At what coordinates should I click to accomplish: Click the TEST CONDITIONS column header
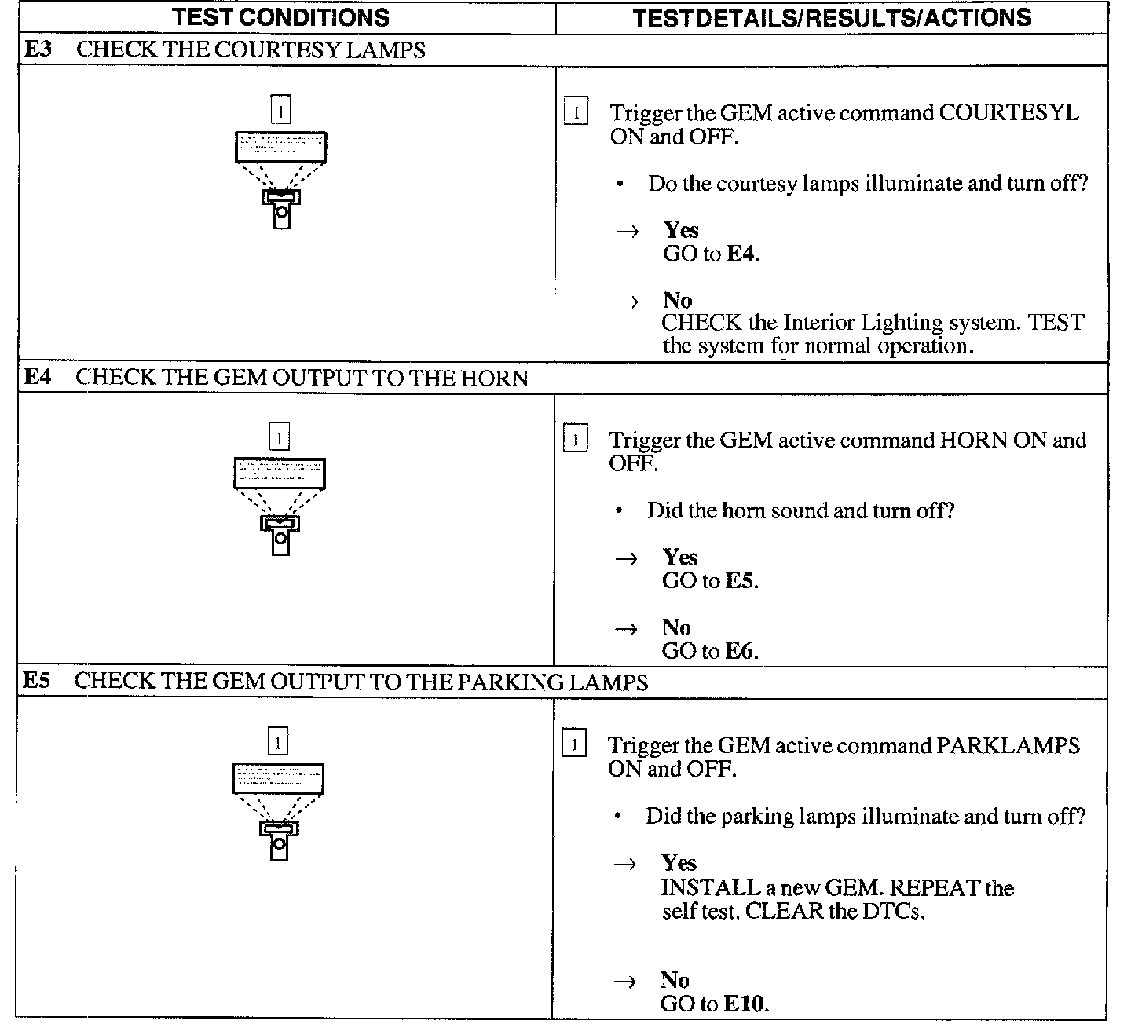(x=281, y=17)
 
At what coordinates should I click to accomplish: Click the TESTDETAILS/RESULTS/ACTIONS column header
(x=832, y=17)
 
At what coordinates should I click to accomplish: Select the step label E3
(x=38, y=49)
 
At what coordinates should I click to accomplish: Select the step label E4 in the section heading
(x=38, y=377)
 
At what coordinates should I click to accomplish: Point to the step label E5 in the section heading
(x=37, y=681)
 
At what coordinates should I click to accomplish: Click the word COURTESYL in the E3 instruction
(x=1009, y=113)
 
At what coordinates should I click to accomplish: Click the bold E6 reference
(x=741, y=651)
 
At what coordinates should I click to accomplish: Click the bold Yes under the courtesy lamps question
(x=681, y=230)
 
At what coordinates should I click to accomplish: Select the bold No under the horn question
(x=676, y=627)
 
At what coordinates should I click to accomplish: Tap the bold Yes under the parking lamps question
(x=679, y=863)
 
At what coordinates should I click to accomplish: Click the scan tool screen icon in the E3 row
(x=280, y=147)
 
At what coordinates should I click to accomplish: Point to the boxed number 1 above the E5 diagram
(x=278, y=742)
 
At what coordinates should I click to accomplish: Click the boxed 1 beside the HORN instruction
(x=576, y=440)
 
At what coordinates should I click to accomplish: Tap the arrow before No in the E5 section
(x=625, y=981)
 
